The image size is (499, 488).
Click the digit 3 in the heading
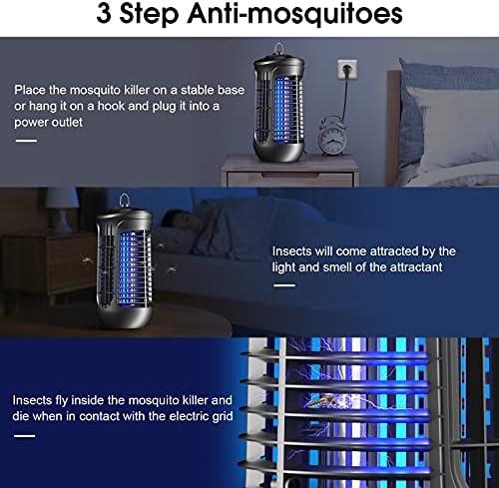104,14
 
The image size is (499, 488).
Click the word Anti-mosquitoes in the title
294,15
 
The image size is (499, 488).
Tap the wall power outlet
347,69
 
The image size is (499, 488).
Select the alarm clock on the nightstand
331,135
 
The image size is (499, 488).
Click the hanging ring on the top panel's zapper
278,49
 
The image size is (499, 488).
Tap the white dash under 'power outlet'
26,141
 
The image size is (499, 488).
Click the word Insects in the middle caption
291,251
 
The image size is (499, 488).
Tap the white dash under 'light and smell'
284,285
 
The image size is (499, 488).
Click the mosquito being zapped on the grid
322,400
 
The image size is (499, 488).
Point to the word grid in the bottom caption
223,416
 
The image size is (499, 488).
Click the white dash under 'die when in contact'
24,436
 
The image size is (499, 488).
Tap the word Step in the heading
149,15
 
